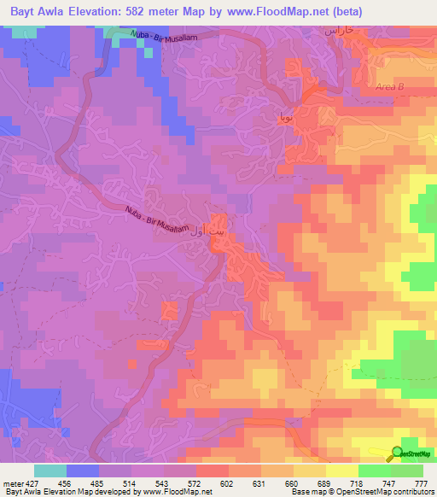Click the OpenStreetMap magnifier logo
(398, 453)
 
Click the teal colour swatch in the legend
(50, 471)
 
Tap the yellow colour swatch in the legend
(342, 471)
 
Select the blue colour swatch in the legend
(83, 471)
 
